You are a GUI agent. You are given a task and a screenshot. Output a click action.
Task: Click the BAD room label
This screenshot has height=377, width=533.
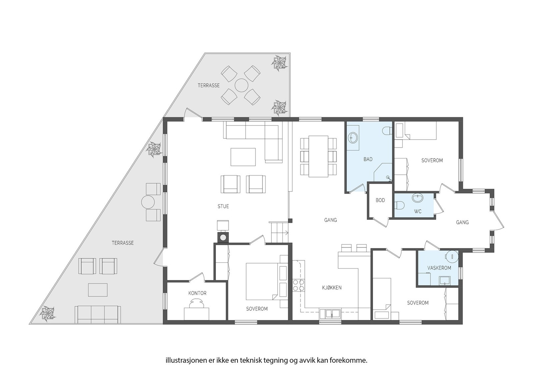pos(368,160)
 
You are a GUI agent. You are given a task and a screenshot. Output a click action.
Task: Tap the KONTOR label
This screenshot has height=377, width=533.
pos(197,293)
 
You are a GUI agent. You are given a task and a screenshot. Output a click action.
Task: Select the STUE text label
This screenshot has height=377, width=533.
pos(223,206)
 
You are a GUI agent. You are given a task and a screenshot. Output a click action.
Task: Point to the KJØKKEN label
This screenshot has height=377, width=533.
pos(332,287)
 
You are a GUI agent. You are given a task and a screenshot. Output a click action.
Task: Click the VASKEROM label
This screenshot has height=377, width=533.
pos(439,268)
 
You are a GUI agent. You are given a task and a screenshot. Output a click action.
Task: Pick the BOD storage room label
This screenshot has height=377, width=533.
pos(380,200)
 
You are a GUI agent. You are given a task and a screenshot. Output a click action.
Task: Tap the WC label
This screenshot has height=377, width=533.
pos(418,211)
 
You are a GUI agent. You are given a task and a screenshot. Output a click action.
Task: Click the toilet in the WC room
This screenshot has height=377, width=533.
pos(399,205)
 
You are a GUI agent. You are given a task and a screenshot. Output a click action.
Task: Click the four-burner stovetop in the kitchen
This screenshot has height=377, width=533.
pos(298,285)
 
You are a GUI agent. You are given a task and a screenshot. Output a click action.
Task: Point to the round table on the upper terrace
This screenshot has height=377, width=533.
pos(241,85)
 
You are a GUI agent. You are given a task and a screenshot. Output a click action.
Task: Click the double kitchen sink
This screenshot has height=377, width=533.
pos(330,313)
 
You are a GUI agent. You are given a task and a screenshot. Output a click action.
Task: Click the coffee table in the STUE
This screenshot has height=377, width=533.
pos(243,157)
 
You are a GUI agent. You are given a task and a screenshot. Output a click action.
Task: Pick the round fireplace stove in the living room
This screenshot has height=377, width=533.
pos(223,237)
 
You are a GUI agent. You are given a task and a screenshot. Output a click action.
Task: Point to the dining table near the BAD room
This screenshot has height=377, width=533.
pos(318,156)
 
